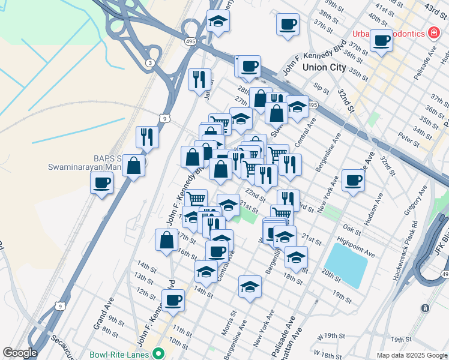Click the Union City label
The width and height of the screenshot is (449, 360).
point(324,67)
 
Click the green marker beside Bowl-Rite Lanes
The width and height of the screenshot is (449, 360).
point(158,354)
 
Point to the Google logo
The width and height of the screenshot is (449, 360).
point(20,353)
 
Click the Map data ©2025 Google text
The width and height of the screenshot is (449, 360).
point(411,355)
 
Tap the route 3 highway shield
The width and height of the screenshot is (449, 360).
point(149,62)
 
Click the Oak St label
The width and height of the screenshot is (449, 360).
point(352,230)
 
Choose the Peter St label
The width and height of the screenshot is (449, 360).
point(408,140)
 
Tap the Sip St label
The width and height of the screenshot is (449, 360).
point(322,89)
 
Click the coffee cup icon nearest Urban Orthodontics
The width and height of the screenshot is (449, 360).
point(381,40)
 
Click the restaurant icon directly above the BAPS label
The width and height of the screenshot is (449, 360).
point(146,136)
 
